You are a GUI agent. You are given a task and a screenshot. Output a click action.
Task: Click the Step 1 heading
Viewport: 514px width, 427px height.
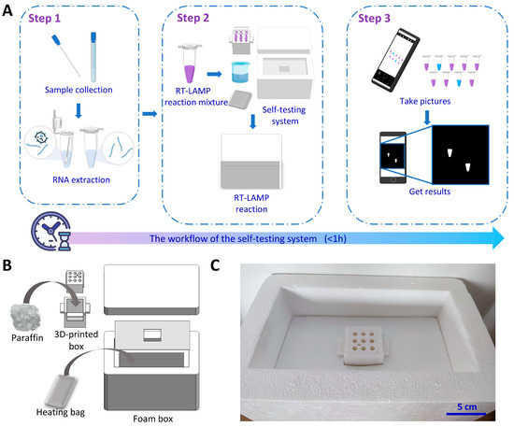[x=44, y=19]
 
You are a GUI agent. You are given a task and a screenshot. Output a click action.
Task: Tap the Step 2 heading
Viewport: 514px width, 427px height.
[x=193, y=18]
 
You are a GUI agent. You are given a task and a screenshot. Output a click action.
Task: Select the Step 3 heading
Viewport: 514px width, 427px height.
[x=374, y=19]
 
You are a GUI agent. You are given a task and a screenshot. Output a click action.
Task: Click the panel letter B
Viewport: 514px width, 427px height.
[x=7, y=265]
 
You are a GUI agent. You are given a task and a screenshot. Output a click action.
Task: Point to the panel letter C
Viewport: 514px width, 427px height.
[x=215, y=265]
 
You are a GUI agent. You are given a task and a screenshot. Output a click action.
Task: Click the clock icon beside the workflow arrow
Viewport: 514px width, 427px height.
[x=51, y=231]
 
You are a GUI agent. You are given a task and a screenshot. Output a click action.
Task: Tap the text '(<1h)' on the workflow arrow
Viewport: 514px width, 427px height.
[x=335, y=238]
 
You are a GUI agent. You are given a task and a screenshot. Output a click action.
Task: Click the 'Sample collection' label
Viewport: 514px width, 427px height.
[x=79, y=90]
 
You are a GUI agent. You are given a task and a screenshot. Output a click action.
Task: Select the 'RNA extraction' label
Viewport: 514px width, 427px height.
[x=81, y=180]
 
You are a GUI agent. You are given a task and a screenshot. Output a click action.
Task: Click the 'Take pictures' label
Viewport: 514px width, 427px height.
[x=425, y=101]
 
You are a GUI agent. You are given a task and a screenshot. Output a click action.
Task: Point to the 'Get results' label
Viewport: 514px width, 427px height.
[x=430, y=192]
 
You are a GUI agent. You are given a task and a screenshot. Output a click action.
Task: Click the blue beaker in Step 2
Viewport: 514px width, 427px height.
[x=240, y=72]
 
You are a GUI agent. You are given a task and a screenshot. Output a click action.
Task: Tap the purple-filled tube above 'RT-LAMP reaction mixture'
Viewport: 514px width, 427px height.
[x=190, y=64]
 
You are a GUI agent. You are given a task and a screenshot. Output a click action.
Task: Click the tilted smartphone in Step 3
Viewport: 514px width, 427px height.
[x=395, y=60]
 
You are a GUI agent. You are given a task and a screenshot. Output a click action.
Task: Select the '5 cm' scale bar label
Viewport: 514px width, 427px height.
[x=466, y=406]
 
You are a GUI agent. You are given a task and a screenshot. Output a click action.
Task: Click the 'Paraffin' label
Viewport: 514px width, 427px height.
[x=27, y=338]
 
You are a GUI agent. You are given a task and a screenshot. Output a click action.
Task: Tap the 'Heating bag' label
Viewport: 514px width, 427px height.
[x=61, y=412]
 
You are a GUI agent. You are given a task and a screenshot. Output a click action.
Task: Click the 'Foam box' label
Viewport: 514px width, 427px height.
[x=152, y=419]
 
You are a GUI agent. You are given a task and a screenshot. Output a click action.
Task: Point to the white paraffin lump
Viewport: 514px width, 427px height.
[x=26, y=318]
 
